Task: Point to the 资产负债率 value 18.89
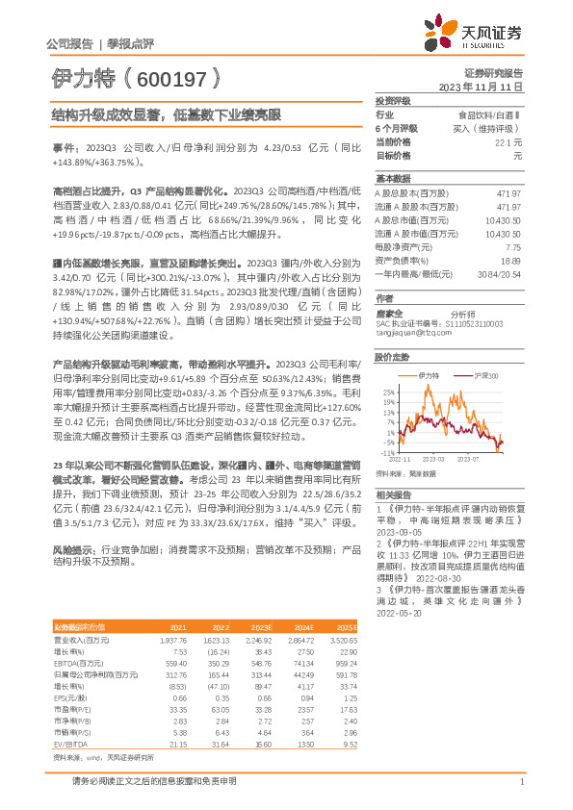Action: pyautogui.click(x=509, y=261)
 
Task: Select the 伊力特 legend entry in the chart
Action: pyautogui.click(x=430, y=374)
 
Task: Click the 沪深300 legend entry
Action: pyautogui.click(x=487, y=374)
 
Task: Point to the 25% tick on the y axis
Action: pyautogui.click(x=388, y=392)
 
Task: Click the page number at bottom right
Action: pyautogui.click(x=521, y=781)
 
